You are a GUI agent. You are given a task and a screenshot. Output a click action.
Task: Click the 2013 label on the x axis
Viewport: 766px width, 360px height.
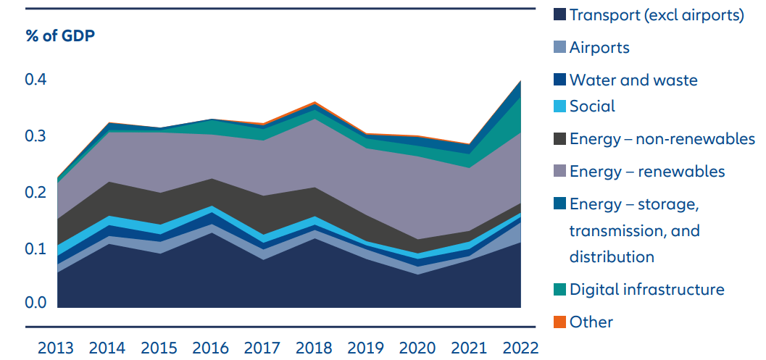coord(56,348)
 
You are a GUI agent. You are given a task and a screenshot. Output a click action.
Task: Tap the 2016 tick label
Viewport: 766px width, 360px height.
coord(210,348)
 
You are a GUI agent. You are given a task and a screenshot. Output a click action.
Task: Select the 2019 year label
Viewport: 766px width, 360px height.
coord(365,348)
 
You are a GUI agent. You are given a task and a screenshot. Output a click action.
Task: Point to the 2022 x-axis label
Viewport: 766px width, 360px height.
coord(520,348)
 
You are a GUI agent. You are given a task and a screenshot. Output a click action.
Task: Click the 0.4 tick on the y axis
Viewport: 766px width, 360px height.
coord(36,80)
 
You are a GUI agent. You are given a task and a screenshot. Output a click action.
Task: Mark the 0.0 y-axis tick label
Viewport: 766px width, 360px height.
coord(36,303)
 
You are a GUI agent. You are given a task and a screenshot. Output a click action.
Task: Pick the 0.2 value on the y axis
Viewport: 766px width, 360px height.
coord(36,192)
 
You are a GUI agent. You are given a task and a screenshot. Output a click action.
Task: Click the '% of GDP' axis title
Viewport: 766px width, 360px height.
coord(61,35)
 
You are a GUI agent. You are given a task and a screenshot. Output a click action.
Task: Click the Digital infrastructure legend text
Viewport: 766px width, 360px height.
coord(646,290)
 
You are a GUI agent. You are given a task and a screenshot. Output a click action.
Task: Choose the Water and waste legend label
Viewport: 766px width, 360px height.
coord(633,80)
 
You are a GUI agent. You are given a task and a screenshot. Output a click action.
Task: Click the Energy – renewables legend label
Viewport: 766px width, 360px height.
coord(647,172)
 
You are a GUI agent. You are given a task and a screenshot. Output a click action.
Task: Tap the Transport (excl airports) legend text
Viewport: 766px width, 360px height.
coord(657,15)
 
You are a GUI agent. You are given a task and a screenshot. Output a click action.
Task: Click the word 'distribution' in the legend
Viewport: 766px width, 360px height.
coord(612,256)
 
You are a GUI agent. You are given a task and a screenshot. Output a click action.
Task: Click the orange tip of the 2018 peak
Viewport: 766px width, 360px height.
coord(315,103)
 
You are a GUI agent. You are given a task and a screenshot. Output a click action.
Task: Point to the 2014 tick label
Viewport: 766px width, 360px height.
coord(107,348)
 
